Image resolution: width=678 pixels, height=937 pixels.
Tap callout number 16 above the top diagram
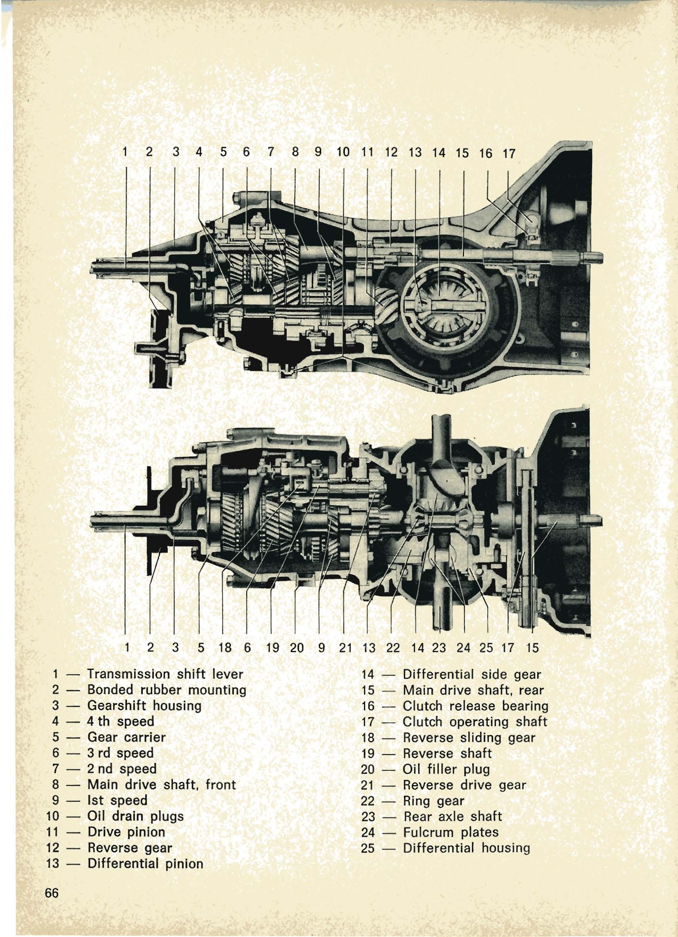point(486,153)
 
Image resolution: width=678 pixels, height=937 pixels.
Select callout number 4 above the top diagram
point(199,152)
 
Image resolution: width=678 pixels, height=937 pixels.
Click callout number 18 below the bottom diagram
point(225,647)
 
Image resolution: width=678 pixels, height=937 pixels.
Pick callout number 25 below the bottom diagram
point(486,647)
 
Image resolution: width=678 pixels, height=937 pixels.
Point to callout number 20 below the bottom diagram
point(296,647)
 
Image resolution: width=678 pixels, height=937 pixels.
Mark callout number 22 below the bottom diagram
point(393,647)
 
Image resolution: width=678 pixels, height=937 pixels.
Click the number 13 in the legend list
point(53,863)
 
